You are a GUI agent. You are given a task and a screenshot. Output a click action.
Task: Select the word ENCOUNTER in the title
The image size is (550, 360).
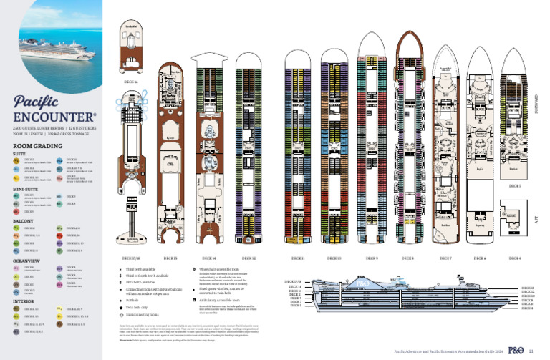click(54, 117)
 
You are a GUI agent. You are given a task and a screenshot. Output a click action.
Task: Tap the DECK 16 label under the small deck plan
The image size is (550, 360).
click(130, 81)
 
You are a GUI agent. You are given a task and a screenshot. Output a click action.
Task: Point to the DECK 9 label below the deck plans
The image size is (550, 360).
click(372, 258)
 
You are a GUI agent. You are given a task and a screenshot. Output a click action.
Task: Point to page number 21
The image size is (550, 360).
click(531, 351)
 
